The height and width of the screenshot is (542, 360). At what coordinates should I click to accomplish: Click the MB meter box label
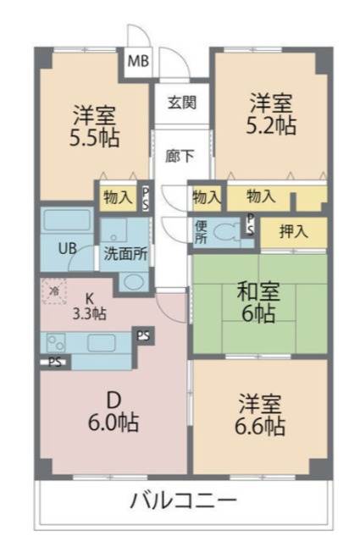pyautogui.click(x=138, y=61)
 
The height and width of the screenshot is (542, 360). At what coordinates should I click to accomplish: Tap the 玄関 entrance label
pyautogui.click(x=182, y=102)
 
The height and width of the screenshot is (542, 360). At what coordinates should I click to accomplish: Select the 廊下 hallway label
pyautogui.click(x=179, y=156)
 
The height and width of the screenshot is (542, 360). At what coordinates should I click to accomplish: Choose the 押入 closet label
pyautogui.click(x=294, y=231)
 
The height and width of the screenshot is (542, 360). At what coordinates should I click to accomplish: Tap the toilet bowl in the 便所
pyautogui.click(x=225, y=230)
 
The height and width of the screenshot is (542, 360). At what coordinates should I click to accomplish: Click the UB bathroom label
pyautogui.click(x=67, y=248)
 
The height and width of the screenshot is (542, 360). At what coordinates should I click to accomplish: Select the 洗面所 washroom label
pyautogui.click(x=125, y=254)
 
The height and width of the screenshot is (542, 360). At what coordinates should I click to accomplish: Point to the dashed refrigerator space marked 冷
pyautogui.click(x=54, y=291)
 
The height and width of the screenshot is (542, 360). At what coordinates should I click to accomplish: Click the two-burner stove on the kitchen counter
pyautogui.click(x=56, y=342)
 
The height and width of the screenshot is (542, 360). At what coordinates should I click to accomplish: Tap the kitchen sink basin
pyautogui.click(x=101, y=343)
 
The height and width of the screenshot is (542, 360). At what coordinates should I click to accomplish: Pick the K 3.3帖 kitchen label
pyautogui.click(x=89, y=306)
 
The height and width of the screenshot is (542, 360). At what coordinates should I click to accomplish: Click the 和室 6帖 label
pyautogui.click(x=258, y=302)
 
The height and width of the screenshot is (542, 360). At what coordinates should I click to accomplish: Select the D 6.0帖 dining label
pyautogui.click(x=114, y=412)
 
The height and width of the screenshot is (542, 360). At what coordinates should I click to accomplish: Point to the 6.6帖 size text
pyautogui.click(x=260, y=426)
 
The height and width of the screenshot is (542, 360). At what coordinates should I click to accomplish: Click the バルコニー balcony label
pyautogui.click(x=184, y=500)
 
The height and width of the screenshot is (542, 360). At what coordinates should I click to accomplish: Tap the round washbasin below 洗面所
pyautogui.click(x=133, y=282)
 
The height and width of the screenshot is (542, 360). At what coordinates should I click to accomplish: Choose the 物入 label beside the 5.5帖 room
pyautogui.click(x=118, y=197)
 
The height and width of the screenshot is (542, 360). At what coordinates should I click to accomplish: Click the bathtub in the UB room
pyautogui.click(x=67, y=220)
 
